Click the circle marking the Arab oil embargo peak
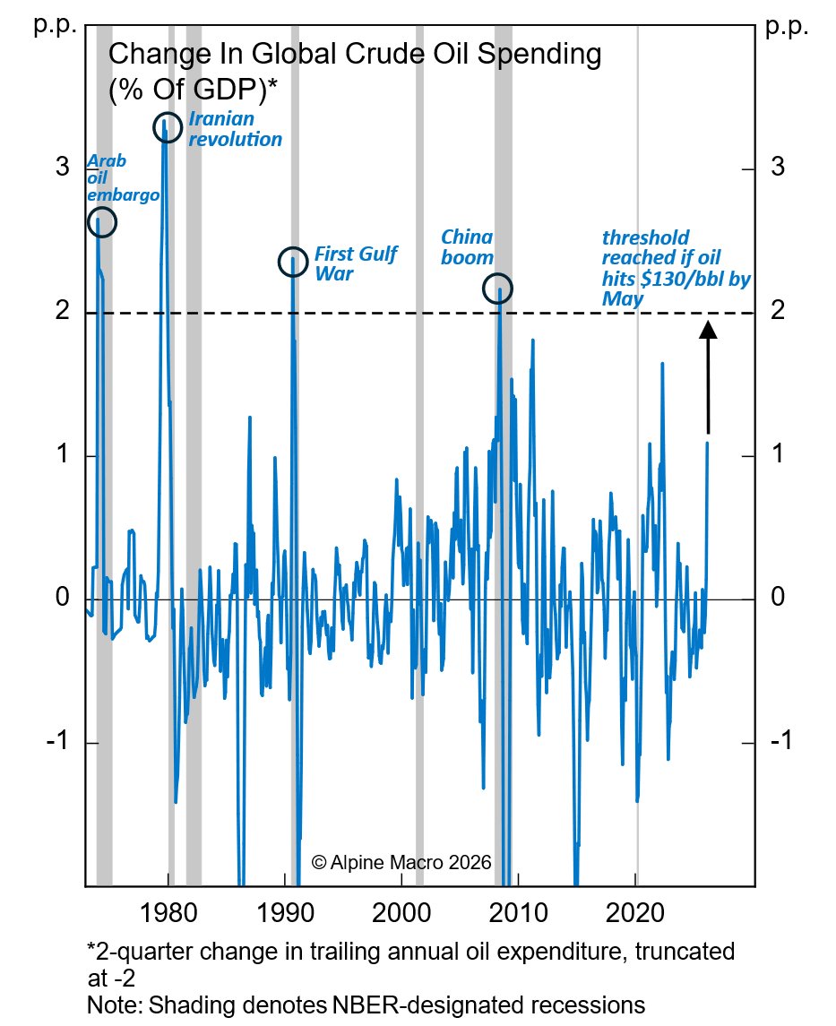point(102,221)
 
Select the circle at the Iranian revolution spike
point(168,127)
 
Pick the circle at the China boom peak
point(497,289)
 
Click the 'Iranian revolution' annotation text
point(235,129)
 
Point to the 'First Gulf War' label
point(355,263)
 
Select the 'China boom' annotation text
point(467,247)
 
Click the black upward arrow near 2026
point(708,376)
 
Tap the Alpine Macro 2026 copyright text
point(401,862)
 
